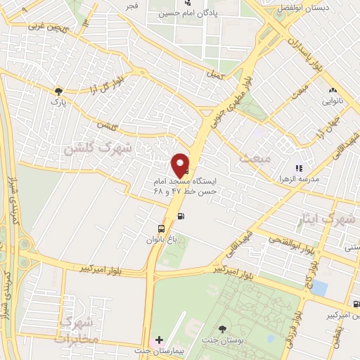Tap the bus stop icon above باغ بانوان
coord(162,229)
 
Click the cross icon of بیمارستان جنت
coord(159,340)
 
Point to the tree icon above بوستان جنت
coord(223,329)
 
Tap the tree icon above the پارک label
coord(58,91)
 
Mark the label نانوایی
coord(333,101)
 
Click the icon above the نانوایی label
coord(333,90)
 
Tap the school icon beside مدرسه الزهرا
coord(298,169)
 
